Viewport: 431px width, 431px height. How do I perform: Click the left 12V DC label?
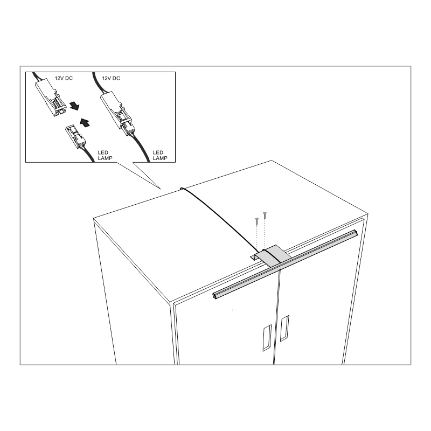pyautogui.click(x=64, y=78)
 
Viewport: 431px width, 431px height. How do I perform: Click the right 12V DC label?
pyautogui.click(x=111, y=78)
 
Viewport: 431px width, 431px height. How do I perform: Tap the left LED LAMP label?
pyautogui.click(x=105, y=155)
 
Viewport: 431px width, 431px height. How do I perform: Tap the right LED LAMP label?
pyautogui.click(x=160, y=155)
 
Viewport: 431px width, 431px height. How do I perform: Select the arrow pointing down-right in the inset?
pyautogui.click(x=74, y=106)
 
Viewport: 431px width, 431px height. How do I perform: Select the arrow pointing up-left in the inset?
pyautogui.click(x=85, y=123)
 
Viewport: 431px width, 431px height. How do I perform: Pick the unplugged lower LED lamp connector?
pyautogui.click(x=75, y=136)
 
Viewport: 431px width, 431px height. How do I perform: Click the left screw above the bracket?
pyautogui.click(x=257, y=221)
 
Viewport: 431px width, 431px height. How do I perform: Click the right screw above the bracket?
pyautogui.click(x=265, y=215)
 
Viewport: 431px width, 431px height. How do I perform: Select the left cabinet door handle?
pyautogui.click(x=267, y=338)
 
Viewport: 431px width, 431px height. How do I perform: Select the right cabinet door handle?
pyautogui.click(x=284, y=328)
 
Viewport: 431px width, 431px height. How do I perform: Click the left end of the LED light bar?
pyautogui.click(x=214, y=296)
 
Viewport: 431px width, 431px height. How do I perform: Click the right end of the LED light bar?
pyautogui.click(x=356, y=233)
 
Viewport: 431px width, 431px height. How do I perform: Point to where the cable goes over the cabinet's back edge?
pyautogui.click(x=182, y=189)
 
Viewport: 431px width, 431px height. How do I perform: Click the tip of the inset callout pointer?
pyautogui.click(x=161, y=189)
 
